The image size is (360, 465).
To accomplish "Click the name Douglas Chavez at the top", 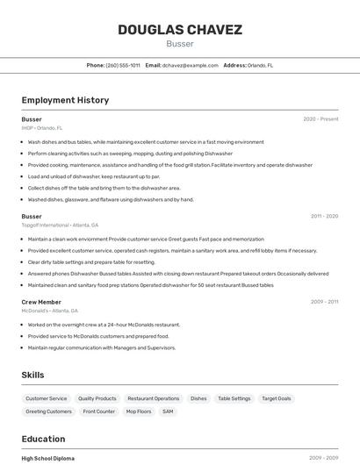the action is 180,30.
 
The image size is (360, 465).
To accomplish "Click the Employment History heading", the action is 65,100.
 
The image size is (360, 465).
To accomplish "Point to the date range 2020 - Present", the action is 320,119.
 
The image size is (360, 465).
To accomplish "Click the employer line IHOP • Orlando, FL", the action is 41,127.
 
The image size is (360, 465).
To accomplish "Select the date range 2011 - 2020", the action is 324,216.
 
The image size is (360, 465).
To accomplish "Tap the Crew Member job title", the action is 41,302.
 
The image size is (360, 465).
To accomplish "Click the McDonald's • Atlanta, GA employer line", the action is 49,311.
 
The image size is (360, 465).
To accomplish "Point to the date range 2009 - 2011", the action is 324,302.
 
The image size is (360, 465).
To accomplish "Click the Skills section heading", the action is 32,375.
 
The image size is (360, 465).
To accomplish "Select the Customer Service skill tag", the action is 47,398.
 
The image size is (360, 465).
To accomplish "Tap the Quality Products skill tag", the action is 97,398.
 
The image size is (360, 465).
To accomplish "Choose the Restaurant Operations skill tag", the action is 154,398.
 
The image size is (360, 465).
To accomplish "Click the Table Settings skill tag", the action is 234,398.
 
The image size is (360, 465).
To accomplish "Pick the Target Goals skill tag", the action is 277,398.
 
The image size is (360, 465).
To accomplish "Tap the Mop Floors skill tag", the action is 139,411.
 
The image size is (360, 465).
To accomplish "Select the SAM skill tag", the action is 168,411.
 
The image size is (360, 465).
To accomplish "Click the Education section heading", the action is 43,439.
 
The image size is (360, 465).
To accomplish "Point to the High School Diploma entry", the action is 48,458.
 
